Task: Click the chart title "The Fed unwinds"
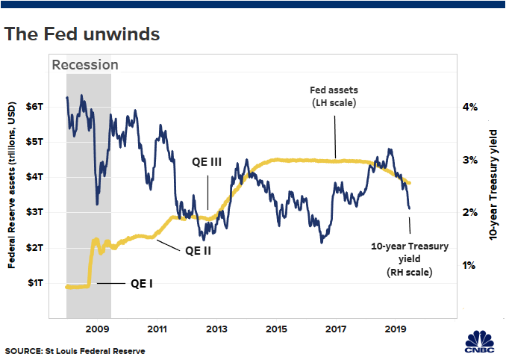(x=81, y=34)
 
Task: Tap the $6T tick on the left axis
(x=35, y=106)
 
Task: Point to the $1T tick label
(x=35, y=282)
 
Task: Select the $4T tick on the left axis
(x=35, y=176)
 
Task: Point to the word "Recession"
(x=85, y=65)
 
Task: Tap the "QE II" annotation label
(x=198, y=251)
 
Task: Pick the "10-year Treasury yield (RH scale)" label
(x=407, y=258)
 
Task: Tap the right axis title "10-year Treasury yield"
(x=493, y=183)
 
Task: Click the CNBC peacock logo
(x=479, y=341)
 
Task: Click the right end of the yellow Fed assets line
(x=410, y=183)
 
